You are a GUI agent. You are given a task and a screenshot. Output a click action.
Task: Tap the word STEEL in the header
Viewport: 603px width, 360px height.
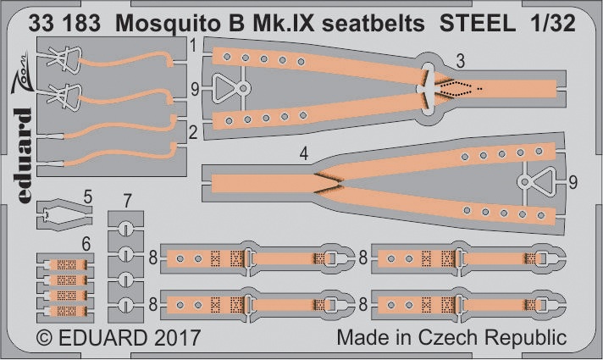pos(478,23)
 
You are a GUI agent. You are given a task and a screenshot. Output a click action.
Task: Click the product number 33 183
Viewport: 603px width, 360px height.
pos(64,24)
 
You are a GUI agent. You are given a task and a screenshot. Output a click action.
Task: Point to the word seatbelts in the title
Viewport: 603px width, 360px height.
pos(373,24)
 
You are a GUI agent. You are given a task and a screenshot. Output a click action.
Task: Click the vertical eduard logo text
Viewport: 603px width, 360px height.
pos(24,155)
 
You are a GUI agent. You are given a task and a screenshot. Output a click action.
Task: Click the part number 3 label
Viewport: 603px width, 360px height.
pos(461,62)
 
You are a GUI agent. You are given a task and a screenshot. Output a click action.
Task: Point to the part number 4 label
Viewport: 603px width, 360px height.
pos(304,154)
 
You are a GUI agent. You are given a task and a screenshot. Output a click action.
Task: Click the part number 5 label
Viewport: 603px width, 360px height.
pos(88,197)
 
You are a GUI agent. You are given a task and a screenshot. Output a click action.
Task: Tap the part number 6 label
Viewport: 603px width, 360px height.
pos(86,244)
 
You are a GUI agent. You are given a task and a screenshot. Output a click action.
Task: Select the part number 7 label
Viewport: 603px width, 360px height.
pos(127,201)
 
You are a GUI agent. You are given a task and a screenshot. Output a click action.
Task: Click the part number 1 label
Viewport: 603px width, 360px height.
pos(193,46)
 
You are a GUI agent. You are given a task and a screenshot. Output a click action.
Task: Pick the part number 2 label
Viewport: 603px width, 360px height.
pos(193,133)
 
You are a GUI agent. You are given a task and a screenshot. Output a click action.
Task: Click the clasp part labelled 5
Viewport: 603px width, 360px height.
pos(64,214)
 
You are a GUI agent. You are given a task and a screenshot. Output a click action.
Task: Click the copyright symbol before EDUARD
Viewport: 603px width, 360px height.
pos(44,339)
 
